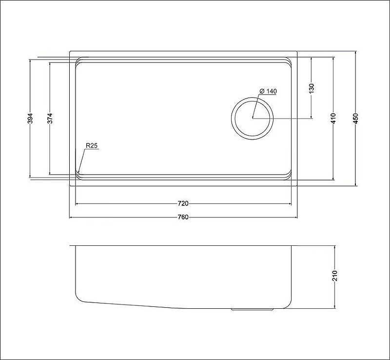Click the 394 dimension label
(x=30, y=119)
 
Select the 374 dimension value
(x=50, y=119)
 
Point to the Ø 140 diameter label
(x=268, y=91)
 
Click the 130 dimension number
(x=312, y=88)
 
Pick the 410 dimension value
(x=333, y=119)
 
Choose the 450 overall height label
(x=356, y=119)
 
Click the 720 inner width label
(x=183, y=203)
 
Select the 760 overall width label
(x=183, y=218)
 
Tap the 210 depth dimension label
(x=335, y=276)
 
